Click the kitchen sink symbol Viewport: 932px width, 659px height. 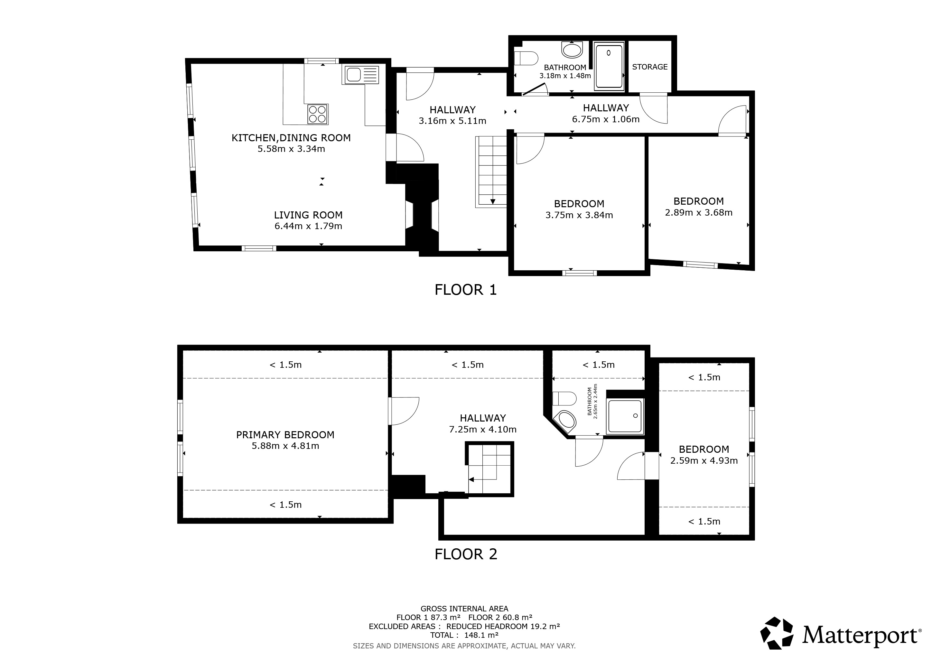(x=362, y=75)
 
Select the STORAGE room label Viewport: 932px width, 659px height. (x=649, y=67)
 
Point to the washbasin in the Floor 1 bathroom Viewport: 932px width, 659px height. (x=572, y=50)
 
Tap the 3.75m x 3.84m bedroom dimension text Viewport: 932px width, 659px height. (x=579, y=215)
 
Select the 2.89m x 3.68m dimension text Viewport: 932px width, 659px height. (x=699, y=213)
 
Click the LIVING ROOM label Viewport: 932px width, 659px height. (x=308, y=215)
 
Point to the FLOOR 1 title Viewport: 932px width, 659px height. (x=466, y=290)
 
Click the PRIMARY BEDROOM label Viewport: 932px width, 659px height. (x=285, y=435)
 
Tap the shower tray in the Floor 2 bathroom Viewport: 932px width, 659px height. (x=625, y=416)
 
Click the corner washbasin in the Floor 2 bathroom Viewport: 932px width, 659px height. (x=565, y=421)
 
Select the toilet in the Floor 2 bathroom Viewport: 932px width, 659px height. (x=564, y=398)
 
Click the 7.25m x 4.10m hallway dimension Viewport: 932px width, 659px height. (x=483, y=429)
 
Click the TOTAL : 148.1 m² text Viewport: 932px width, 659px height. (x=464, y=635)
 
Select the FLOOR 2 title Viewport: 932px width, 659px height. (x=466, y=554)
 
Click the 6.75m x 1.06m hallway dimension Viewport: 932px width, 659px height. (x=606, y=119)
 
